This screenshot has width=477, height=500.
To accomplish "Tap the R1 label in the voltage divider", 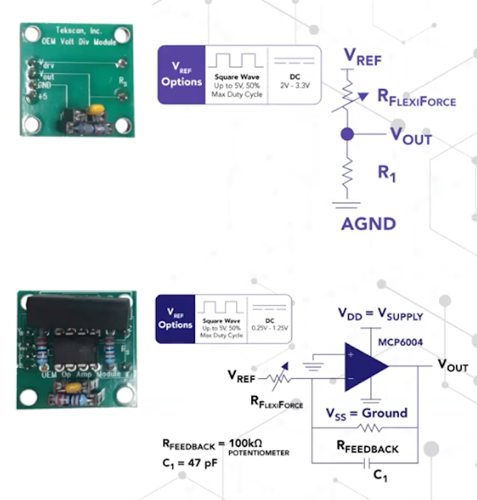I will click(x=386, y=174).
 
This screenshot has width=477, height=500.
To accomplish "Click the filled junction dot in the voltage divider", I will click(x=348, y=134).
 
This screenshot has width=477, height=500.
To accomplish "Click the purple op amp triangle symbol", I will click(x=365, y=367).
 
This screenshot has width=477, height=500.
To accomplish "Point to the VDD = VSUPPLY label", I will click(x=380, y=316).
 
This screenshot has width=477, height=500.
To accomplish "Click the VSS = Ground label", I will click(x=366, y=414).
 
